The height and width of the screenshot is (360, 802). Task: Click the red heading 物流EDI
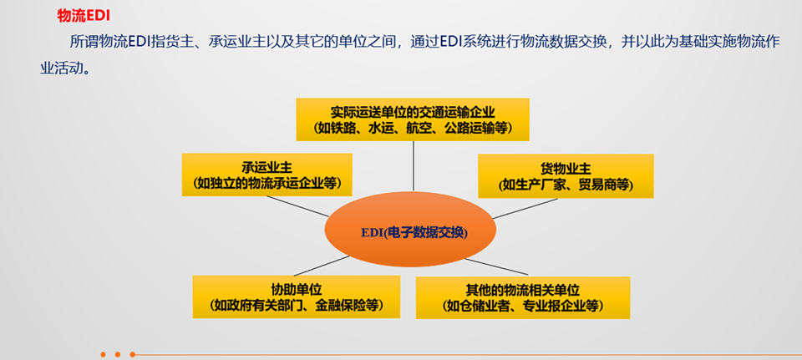click(x=83, y=16)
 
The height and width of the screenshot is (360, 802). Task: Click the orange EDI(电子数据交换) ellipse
click(x=414, y=231)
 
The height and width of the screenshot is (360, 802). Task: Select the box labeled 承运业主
click(x=267, y=175)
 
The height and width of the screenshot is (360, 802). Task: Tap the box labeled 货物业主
click(x=566, y=175)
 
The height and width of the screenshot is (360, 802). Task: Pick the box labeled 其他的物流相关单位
click(x=522, y=297)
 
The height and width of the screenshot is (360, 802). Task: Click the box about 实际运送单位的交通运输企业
click(x=414, y=119)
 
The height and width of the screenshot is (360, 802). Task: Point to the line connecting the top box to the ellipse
click(x=414, y=167)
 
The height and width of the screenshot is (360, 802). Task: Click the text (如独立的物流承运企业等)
click(x=267, y=183)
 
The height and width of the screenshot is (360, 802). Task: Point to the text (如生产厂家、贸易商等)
click(x=566, y=184)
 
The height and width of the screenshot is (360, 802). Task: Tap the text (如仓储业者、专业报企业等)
click(x=522, y=307)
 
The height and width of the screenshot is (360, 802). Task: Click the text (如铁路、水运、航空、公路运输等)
click(x=414, y=129)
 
